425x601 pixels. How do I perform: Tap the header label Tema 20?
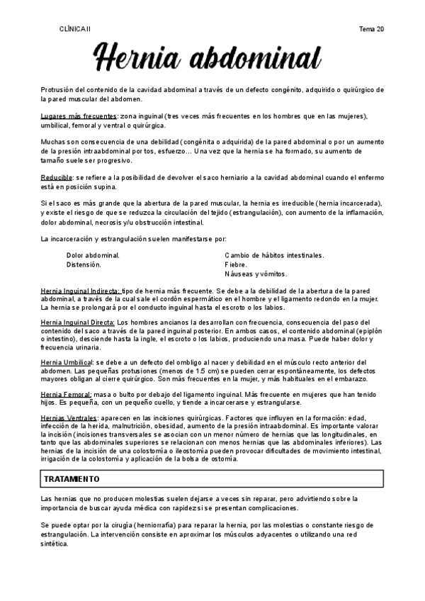(x=372, y=28)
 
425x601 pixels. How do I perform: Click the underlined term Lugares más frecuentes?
(x=78, y=116)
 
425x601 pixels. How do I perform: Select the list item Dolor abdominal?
(x=93, y=254)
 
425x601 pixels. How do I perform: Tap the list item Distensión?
(x=84, y=264)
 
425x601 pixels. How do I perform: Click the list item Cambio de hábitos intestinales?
(x=274, y=254)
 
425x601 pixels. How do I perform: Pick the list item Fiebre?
(x=237, y=264)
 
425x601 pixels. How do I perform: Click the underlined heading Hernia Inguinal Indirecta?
(x=80, y=291)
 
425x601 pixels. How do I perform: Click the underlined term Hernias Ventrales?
(x=69, y=418)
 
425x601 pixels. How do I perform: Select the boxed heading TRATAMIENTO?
(x=72, y=479)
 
